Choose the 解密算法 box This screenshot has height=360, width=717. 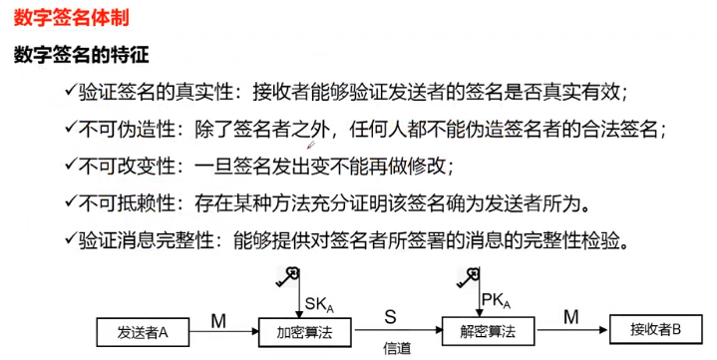485,328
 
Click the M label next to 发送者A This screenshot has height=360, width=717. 218,316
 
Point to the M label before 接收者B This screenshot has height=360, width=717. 571,316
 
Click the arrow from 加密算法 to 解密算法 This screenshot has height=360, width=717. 393,329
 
